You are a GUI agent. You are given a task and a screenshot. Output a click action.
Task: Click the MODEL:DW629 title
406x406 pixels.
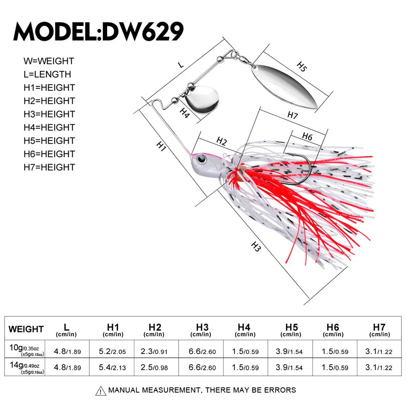(99, 31)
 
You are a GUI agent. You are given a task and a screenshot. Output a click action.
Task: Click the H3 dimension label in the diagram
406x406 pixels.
(256, 246)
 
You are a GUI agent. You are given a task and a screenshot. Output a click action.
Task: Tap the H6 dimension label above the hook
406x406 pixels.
(307, 137)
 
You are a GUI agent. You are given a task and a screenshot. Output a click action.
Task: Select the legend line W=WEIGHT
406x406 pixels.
(49, 61)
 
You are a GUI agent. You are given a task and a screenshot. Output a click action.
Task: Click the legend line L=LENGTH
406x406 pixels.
(47, 74)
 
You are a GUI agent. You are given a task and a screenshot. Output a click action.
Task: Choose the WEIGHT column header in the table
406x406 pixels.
(26, 329)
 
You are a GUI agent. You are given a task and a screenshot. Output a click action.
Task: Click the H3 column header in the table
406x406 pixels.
(202, 329)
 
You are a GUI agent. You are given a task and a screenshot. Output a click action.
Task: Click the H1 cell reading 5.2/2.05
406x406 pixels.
(113, 352)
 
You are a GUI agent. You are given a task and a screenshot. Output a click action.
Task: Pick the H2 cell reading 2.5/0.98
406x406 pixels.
(155, 368)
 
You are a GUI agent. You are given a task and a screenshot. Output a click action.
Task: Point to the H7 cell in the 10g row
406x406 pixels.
(379, 352)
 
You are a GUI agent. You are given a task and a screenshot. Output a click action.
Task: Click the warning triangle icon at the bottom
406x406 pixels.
(100, 391)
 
